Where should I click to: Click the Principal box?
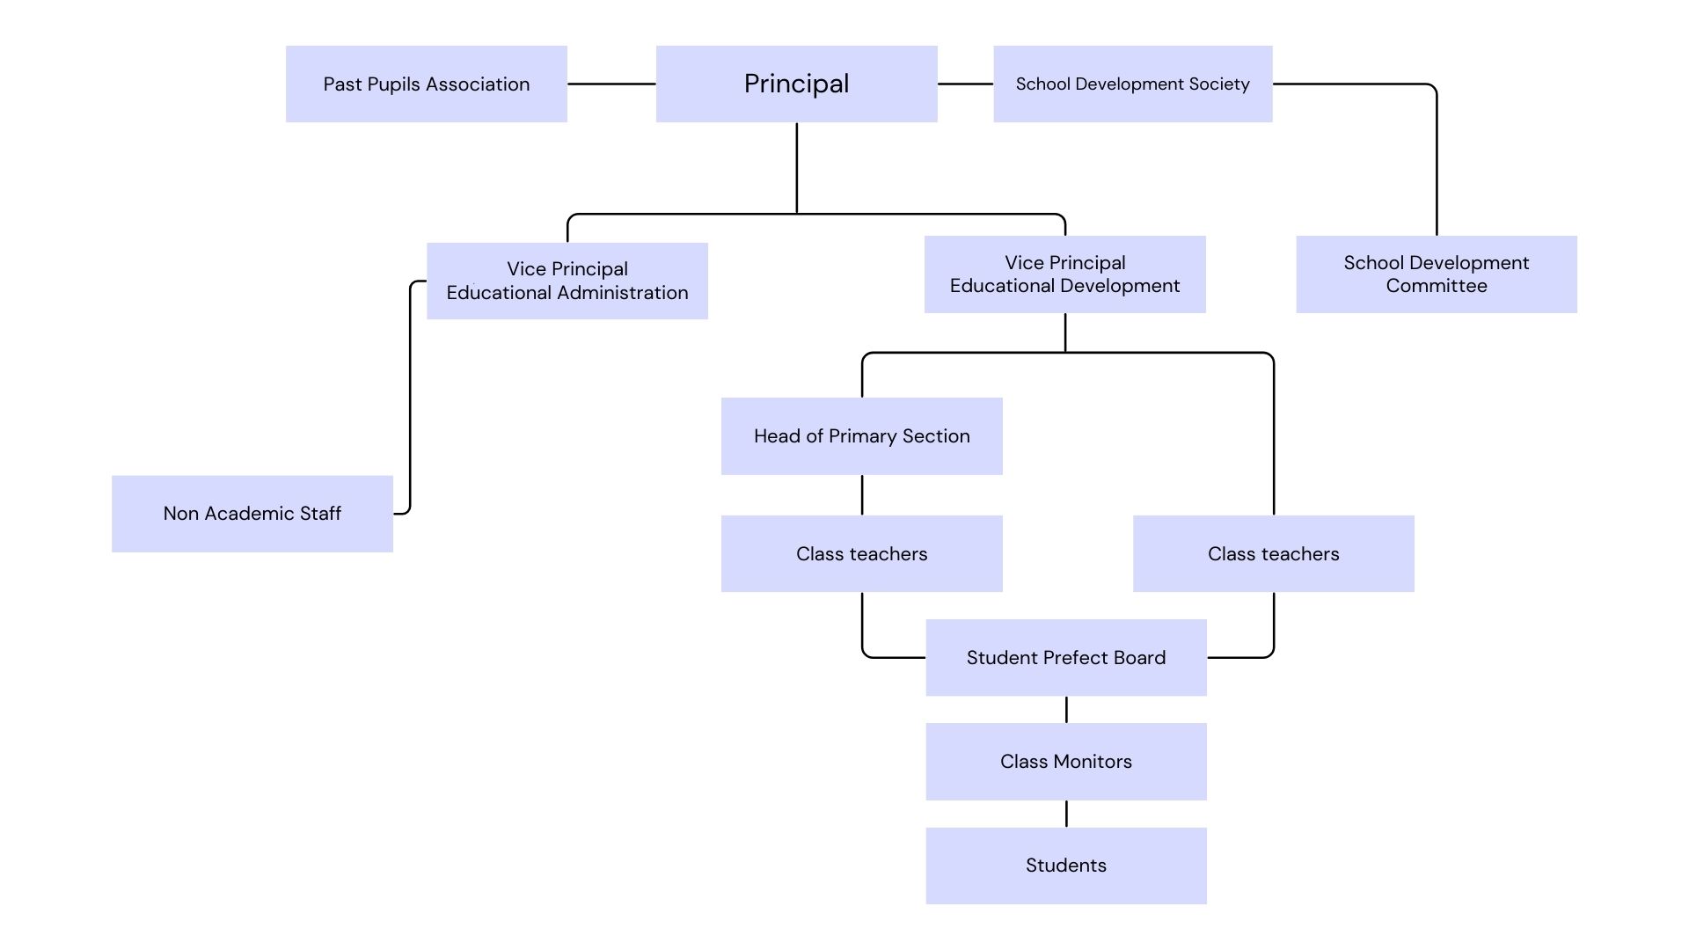click(x=796, y=84)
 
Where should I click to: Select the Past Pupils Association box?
click(x=426, y=84)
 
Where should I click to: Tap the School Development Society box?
click(x=1132, y=84)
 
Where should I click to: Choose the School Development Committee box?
click(x=1436, y=274)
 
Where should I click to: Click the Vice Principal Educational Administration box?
click(x=567, y=281)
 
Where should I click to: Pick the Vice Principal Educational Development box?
click(x=1064, y=274)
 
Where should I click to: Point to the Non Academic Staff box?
click(x=252, y=514)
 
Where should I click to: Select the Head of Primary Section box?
click(x=861, y=436)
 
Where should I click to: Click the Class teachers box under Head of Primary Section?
click(x=861, y=553)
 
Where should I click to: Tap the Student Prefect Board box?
click(x=1065, y=657)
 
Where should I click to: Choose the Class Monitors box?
click(x=1065, y=761)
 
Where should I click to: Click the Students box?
click(x=1065, y=865)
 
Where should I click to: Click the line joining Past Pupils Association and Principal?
click(x=611, y=84)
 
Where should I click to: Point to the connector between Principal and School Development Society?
click(x=965, y=84)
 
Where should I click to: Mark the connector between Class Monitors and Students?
click(x=1066, y=814)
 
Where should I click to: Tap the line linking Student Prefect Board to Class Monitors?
click(x=1066, y=710)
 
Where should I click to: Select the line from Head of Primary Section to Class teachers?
click(x=862, y=495)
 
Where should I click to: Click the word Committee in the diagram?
click(x=1436, y=286)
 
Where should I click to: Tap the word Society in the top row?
click(x=1218, y=84)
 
